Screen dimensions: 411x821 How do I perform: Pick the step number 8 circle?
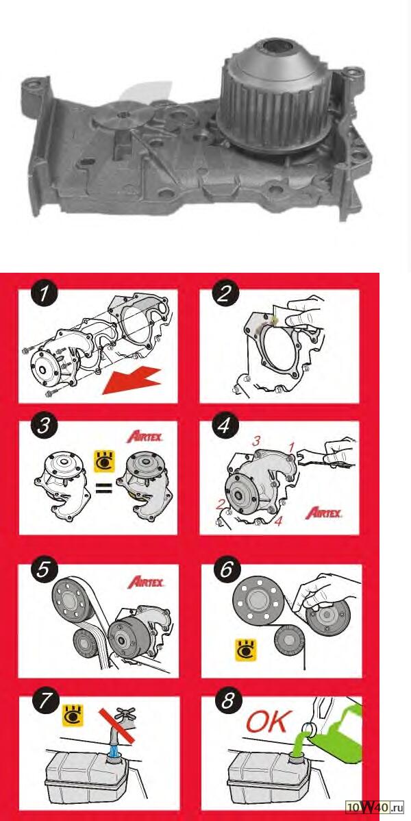point(229,701)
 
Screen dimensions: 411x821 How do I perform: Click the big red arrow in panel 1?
point(132,379)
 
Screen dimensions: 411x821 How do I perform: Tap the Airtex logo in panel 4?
point(324,511)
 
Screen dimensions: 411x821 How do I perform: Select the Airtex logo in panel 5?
point(145,581)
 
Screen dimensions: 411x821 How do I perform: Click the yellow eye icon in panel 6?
point(245,649)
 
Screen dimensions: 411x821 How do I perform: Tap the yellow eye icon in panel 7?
point(73,714)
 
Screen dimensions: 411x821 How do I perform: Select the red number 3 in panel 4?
point(256,441)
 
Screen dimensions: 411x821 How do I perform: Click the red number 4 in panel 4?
point(279,522)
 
